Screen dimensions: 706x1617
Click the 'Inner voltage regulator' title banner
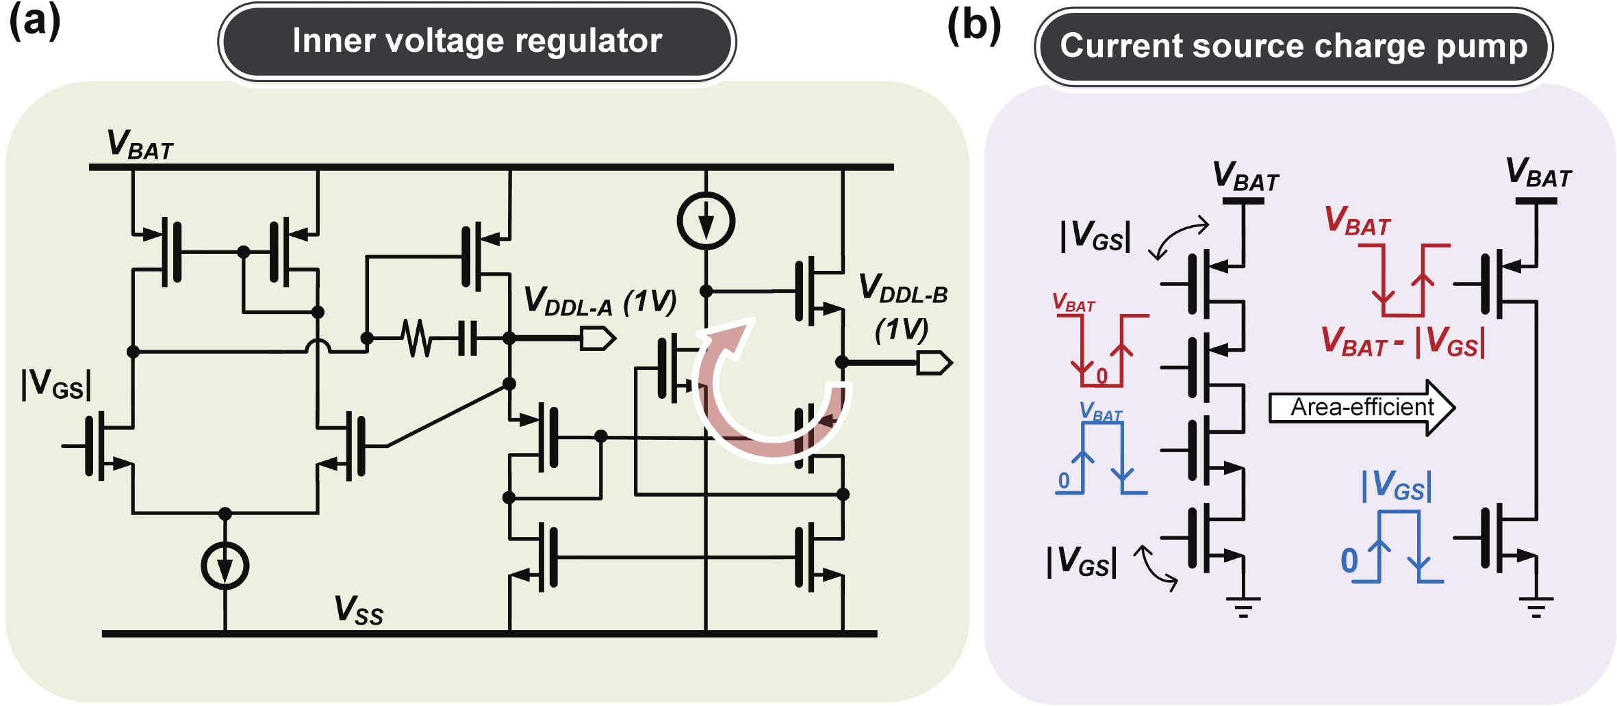tap(477, 41)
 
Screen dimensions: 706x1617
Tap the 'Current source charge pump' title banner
tap(1293, 47)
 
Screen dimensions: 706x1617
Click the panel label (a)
tap(34, 21)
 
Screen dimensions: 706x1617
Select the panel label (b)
tap(973, 26)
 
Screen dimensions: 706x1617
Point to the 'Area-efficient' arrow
tap(1362, 408)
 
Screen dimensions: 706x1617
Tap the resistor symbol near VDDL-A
tap(417, 338)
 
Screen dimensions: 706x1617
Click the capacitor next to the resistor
tap(468, 338)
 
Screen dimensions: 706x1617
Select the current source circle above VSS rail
tap(225, 566)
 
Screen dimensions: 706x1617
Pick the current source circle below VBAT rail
tap(706, 221)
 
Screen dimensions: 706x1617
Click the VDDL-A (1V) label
tap(599, 302)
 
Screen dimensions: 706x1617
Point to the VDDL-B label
tap(903, 287)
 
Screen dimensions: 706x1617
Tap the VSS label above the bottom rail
tap(358, 610)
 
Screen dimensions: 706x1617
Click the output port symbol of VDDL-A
tap(597, 338)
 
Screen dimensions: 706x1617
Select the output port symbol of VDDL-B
tap(934, 363)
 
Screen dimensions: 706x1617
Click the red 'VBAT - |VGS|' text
tap(1403, 341)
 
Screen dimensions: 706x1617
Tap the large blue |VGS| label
tap(1396, 485)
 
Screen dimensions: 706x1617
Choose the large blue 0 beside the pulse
tap(1349, 561)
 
